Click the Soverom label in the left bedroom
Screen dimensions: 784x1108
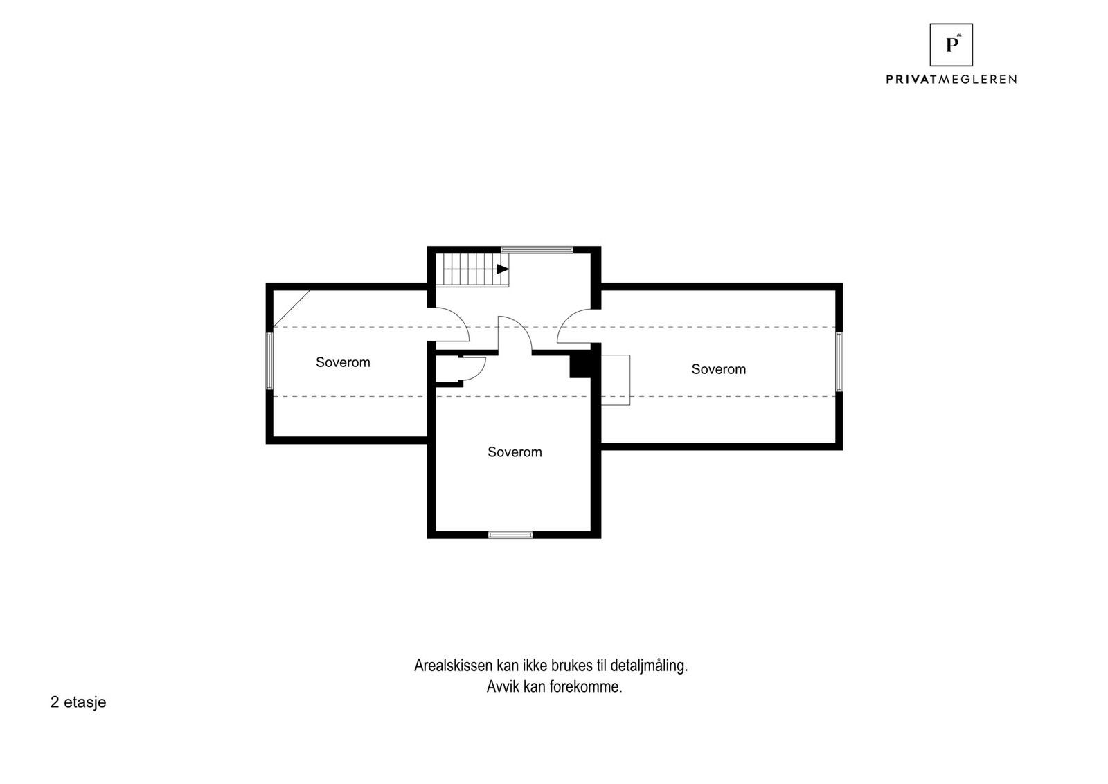[x=343, y=362]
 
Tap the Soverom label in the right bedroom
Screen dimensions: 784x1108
[x=718, y=369]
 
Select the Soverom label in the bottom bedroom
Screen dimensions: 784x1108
[x=515, y=452]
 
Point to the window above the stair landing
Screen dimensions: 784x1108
[x=537, y=249]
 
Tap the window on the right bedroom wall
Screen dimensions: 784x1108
[x=839, y=362]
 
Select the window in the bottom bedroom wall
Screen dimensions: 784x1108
[x=510, y=535]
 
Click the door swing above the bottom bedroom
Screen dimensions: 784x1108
[x=514, y=335]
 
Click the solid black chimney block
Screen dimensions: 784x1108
[x=580, y=365]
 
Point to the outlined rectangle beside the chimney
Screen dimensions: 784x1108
[x=616, y=380]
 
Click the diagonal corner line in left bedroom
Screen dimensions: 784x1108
[x=292, y=308]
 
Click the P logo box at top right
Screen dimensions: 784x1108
[x=951, y=45]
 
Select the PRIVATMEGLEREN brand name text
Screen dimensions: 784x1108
[x=951, y=80]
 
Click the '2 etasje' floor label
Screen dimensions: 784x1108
[x=78, y=702]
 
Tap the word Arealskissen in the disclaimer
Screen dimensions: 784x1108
[x=453, y=666]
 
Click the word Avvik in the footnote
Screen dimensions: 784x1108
[x=501, y=688]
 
